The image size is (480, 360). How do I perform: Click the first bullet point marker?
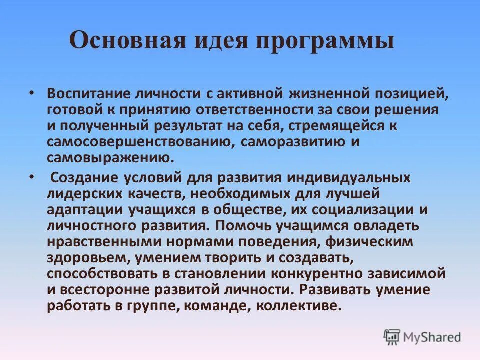pos(32,93)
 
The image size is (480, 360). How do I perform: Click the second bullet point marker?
pos(32,177)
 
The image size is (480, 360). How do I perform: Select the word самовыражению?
pos(110,158)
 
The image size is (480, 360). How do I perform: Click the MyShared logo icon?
pos(392,336)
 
